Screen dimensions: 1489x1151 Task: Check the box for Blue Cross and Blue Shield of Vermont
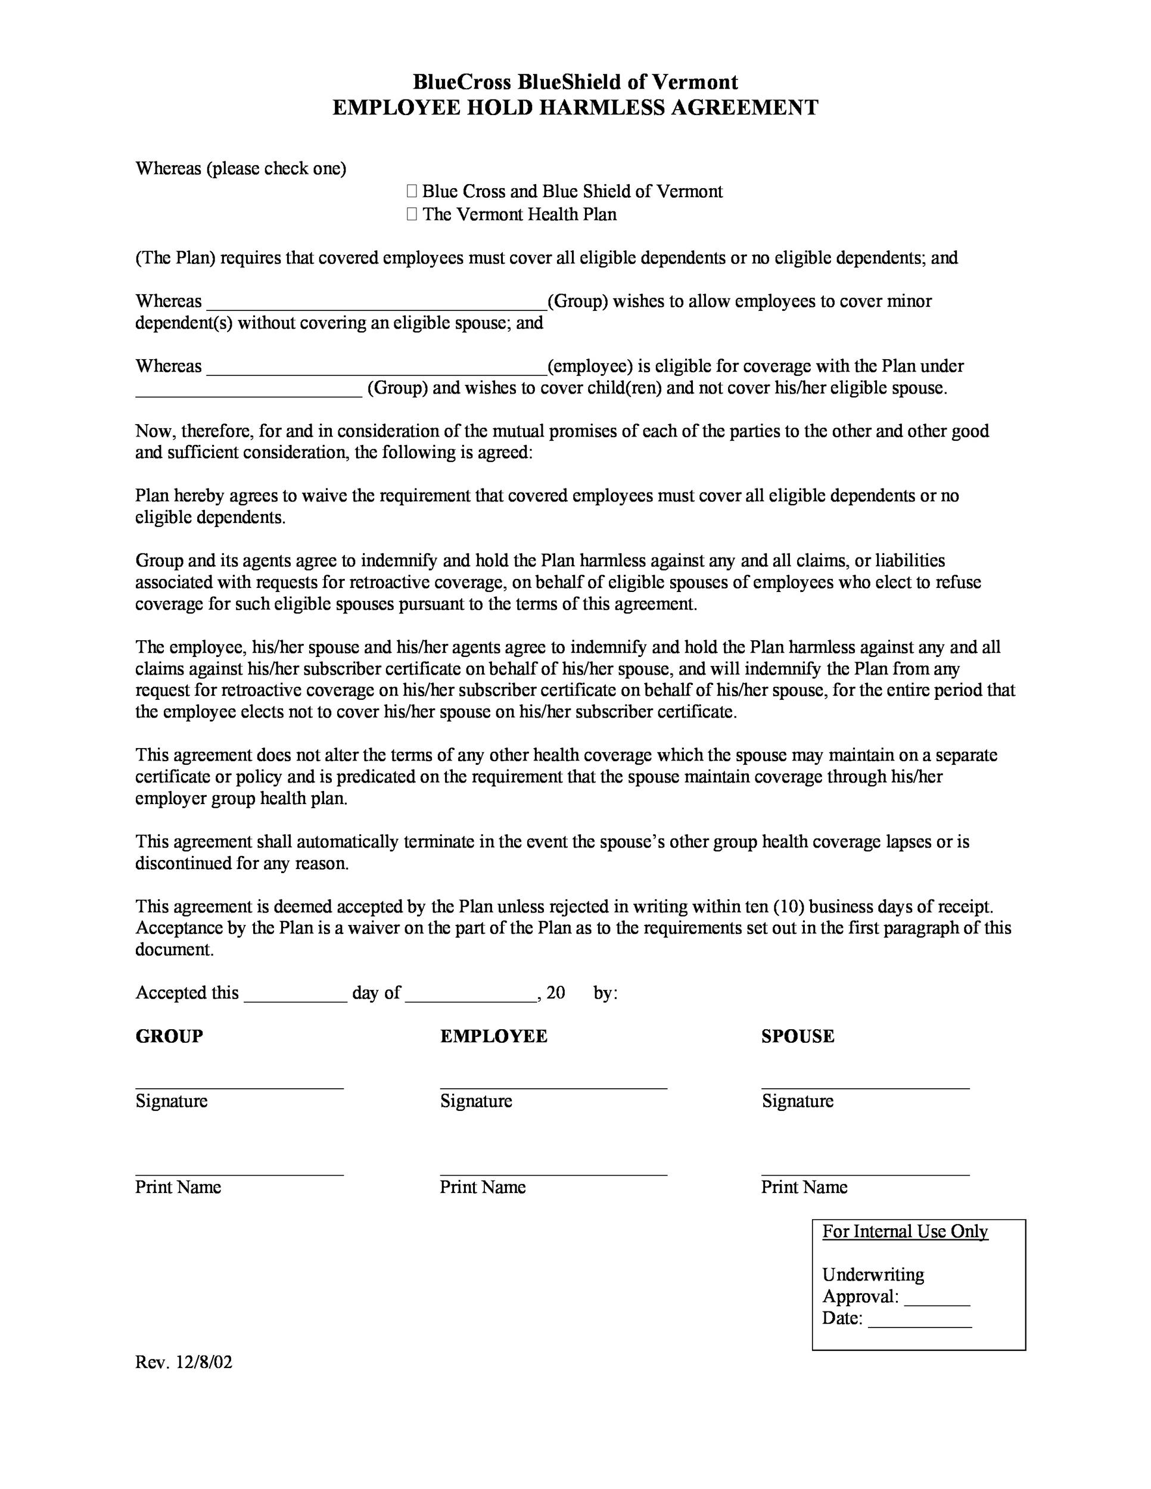[412, 192]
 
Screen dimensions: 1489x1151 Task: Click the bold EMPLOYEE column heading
[494, 1037]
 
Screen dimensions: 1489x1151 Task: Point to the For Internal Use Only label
[905, 1232]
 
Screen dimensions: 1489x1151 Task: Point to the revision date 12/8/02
[204, 1362]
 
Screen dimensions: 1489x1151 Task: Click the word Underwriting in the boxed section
[873, 1275]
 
